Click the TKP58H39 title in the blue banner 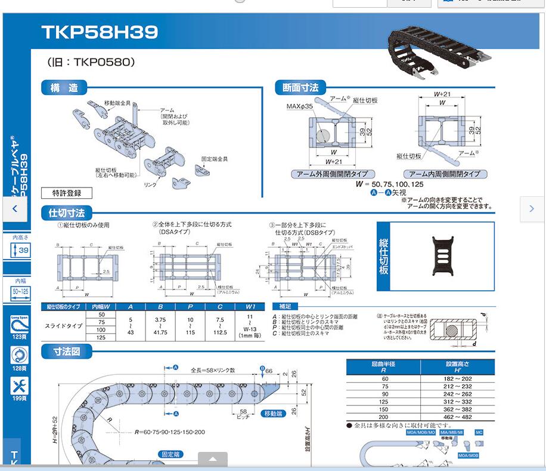100,32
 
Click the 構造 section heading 64,88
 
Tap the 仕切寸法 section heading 67,213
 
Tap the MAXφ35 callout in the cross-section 299,106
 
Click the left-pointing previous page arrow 15,209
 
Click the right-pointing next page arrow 532,209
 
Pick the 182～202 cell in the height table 457,379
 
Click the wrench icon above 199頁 20,386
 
